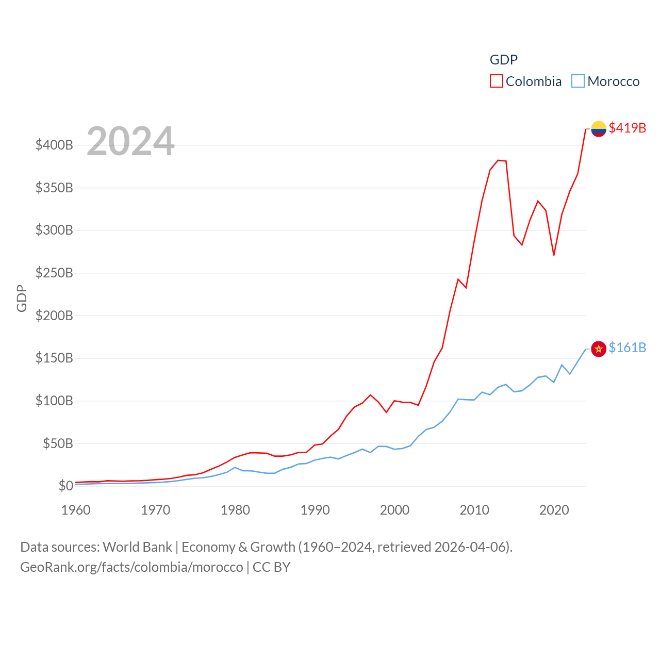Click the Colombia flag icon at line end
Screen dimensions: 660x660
coord(598,128)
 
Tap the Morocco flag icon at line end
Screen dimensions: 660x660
coord(598,349)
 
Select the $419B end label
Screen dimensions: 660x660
coord(627,128)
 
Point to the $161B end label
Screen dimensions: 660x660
coord(627,348)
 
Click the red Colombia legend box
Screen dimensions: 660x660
coord(496,81)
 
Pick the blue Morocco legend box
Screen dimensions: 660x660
coord(578,81)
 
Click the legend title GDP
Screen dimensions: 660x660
coord(503,60)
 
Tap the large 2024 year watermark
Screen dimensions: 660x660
coord(130,141)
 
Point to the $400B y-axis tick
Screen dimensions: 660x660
coord(54,145)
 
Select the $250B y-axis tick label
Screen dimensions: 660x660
coord(54,273)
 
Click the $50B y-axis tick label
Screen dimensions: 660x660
coord(58,443)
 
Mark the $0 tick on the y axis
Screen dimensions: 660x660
coord(65,486)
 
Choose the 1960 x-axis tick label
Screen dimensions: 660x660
coord(76,510)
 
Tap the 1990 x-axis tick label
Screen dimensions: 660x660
coord(315,510)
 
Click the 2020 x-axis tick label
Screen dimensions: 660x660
coord(554,510)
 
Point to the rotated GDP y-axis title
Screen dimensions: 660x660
coord(22,298)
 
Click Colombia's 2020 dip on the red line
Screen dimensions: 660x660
coord(554,255)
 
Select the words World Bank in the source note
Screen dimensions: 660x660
coord(137,547)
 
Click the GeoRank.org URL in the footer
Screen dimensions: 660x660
coord(131,567)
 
